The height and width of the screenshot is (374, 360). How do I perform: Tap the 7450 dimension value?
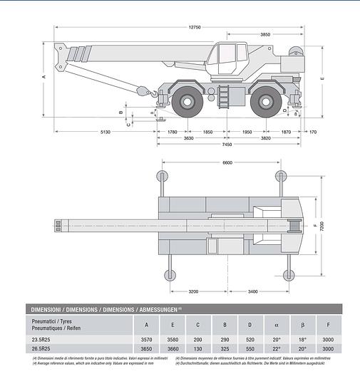tap(227, 145)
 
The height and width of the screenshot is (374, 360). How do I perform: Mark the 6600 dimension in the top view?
tap(227, 162)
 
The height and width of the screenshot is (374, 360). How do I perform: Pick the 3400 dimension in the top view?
tap(257, 292)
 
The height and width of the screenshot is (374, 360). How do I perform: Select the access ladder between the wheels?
tap(226, 95)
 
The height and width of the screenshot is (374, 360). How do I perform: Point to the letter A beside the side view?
tap(43, 76)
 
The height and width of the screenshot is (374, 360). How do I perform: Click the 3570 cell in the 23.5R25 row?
tap(147, 339)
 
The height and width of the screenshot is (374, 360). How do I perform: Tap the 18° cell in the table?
tap(302, 339)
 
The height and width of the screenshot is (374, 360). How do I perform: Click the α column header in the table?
tap(276, 325)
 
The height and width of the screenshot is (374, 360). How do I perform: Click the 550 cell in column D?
tap(250, 349)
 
